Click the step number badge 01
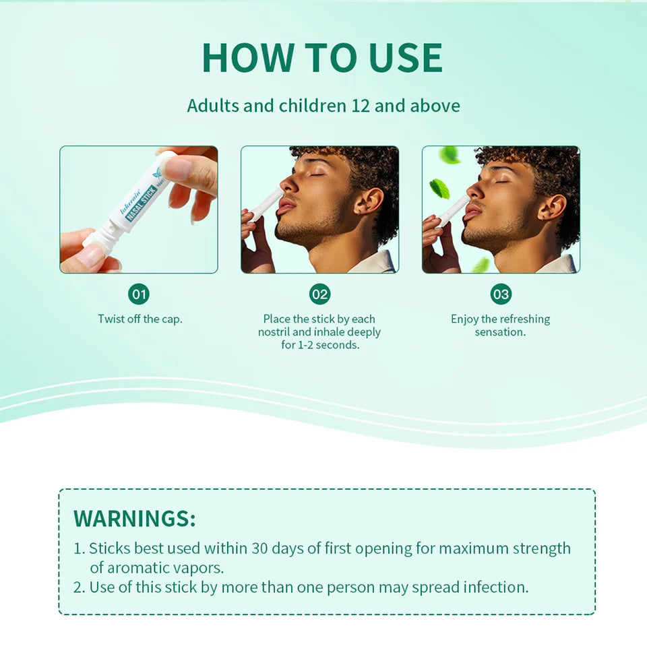click(139, 294)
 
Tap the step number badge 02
click(320, 294)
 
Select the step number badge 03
click(501, 294)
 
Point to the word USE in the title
click(406, 58)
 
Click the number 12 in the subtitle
click(361, 106)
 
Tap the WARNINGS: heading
click(135, 518)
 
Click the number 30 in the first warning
click(260, 548)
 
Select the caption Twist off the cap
click(140, 319)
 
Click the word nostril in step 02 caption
click(274, 331)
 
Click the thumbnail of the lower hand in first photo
click(90, 255)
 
